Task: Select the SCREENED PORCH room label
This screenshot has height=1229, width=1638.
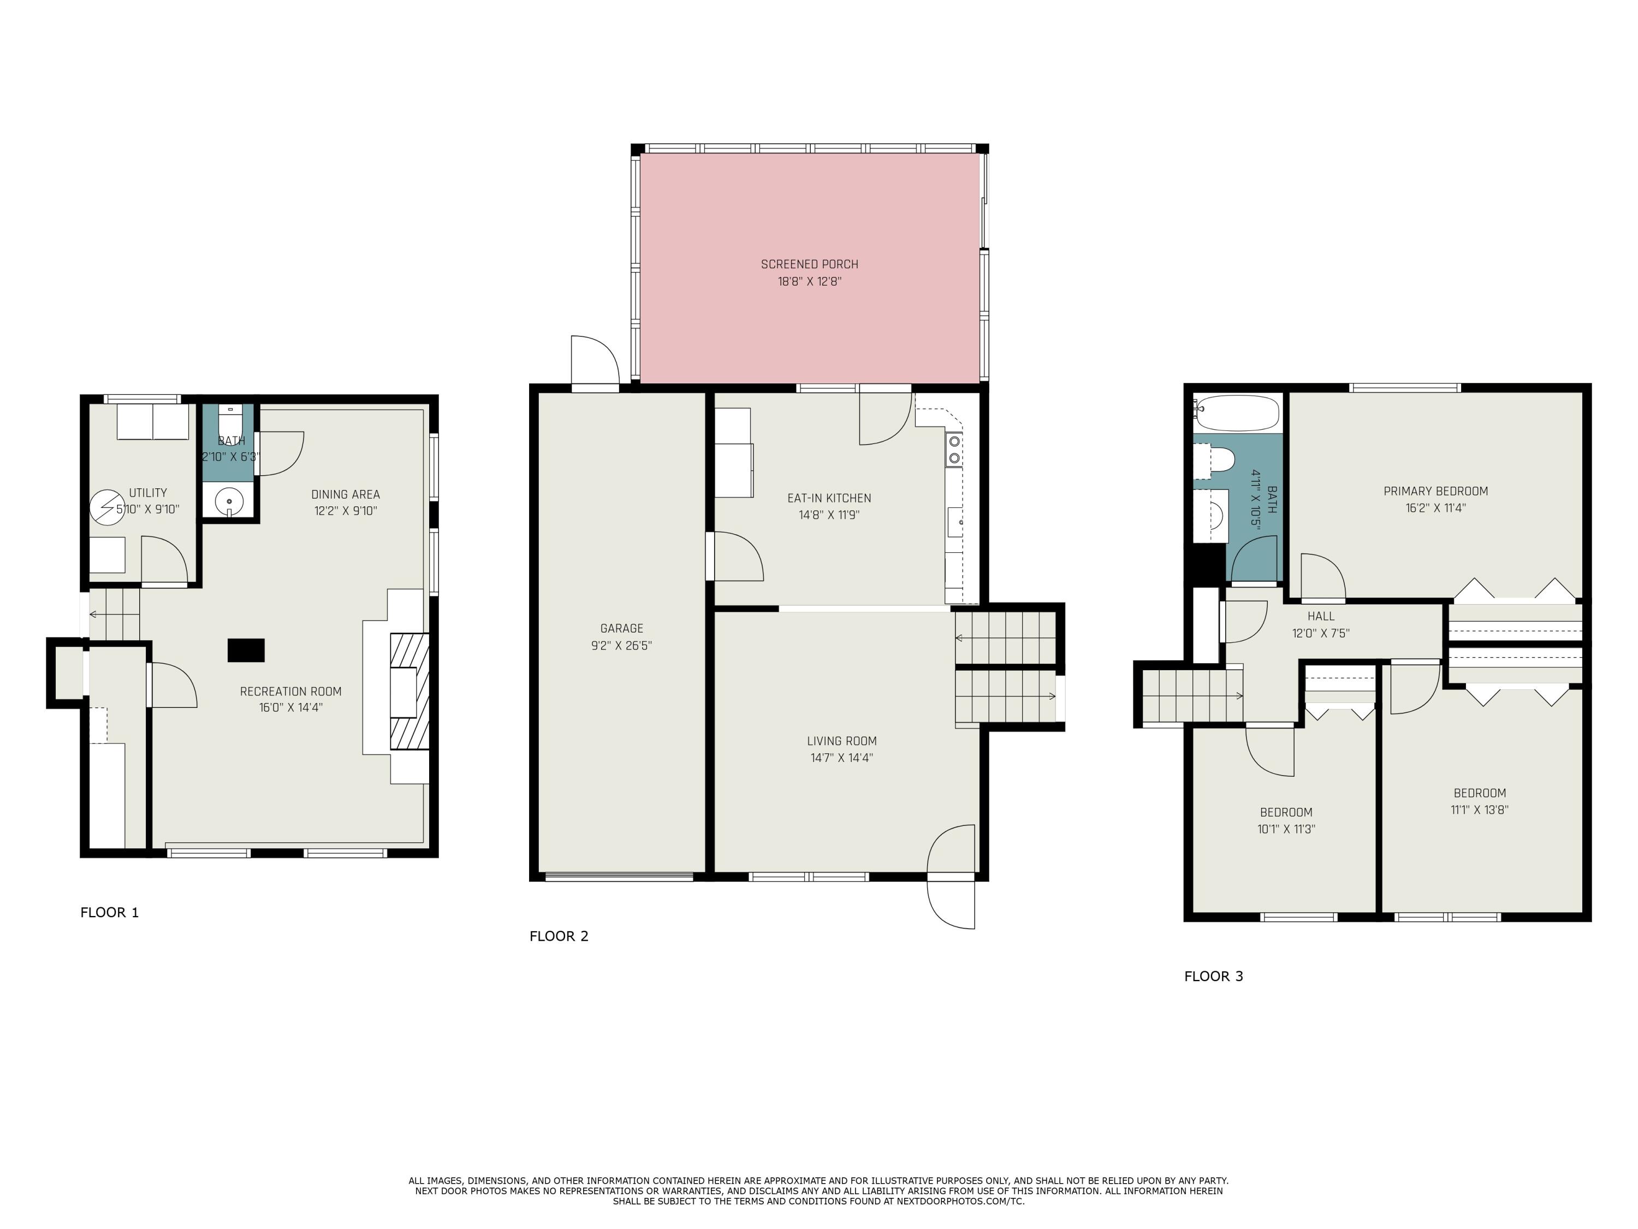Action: pos(809,264)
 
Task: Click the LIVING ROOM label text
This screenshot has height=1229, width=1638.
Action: pos(841,741)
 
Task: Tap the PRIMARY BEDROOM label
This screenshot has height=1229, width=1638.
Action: pos(1435,491)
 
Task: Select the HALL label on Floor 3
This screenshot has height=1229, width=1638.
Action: pos(1320,616)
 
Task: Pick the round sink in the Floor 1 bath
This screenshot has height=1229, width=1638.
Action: pos(229,501)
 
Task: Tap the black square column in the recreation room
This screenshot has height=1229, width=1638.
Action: pos(246,649)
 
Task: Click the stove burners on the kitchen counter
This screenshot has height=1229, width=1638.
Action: pos(954,450)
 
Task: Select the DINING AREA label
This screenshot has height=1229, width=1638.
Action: pos(345,494)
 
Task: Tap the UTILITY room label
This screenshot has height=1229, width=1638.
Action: pos(148,493)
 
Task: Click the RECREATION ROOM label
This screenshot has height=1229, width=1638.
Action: pos(290,691)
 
